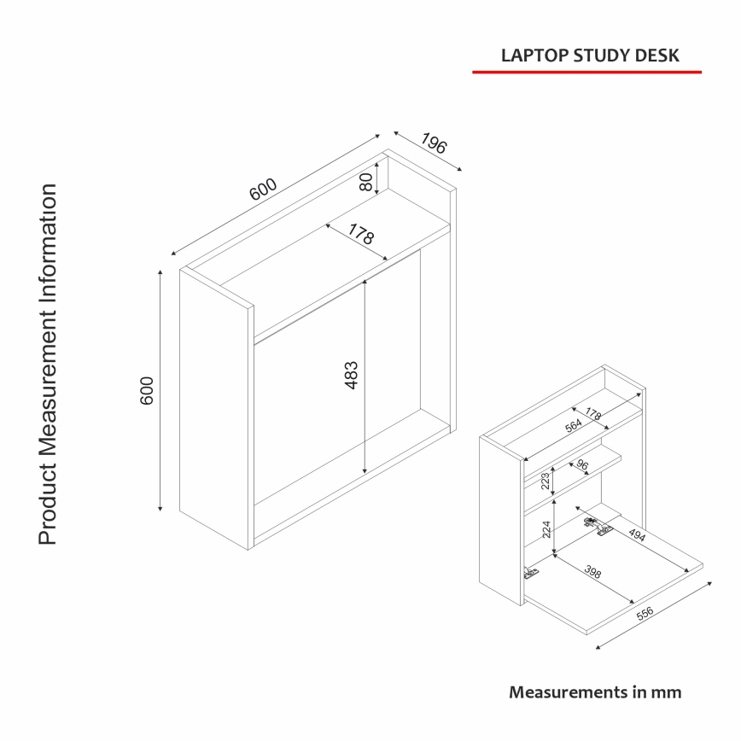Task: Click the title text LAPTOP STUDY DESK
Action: [590, 55]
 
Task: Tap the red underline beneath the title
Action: [586, 73]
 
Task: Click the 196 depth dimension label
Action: [434, 144]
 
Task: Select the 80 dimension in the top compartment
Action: [366, 181]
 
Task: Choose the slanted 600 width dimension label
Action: [263, 190]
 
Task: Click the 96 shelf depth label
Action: [582, 465]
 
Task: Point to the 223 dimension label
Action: [544, 481]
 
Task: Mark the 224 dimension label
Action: [545, 534]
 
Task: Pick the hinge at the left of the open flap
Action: [530, 573]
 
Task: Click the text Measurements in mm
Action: [595, 691]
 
